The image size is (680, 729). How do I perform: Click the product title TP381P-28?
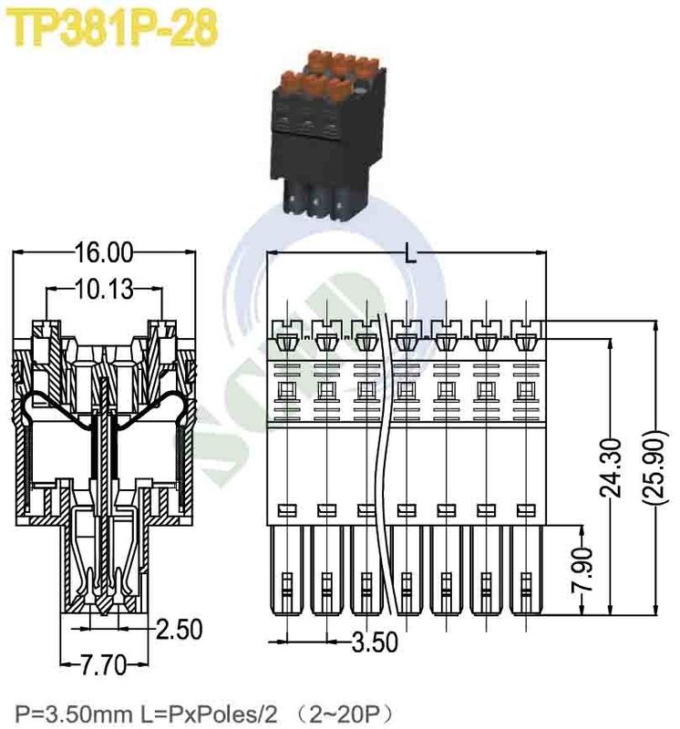(114, 29)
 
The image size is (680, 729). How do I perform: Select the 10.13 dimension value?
(103, 290)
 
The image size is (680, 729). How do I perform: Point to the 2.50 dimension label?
(178, 629)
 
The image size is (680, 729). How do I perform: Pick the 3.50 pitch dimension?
(375, 642)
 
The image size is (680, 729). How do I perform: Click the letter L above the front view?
(409, 255)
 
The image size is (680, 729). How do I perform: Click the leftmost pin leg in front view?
(288, 574)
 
